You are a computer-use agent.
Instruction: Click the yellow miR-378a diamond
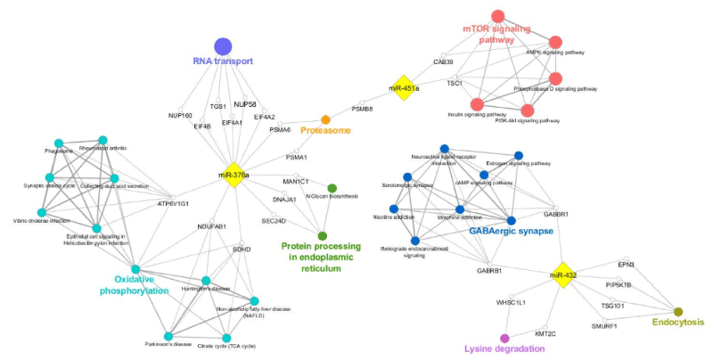[x=234, y=175]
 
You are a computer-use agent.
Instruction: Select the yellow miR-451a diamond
[x=405, y=88]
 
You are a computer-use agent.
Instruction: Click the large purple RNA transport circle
[x=223, y=46]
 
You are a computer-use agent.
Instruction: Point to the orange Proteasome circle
[x=325, y=119]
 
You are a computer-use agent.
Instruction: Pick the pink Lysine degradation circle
[x=504, y=338]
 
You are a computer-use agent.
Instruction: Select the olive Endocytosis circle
[x=677, y=311]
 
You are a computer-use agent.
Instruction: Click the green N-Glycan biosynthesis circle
[x=332, y=188]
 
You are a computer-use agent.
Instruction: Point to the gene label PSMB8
[x=362, y=109]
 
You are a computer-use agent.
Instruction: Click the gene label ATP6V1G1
[x=175, y=203]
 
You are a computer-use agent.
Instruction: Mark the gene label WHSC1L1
[x=512, y=303]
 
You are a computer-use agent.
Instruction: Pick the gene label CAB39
[x=443, y=61]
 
